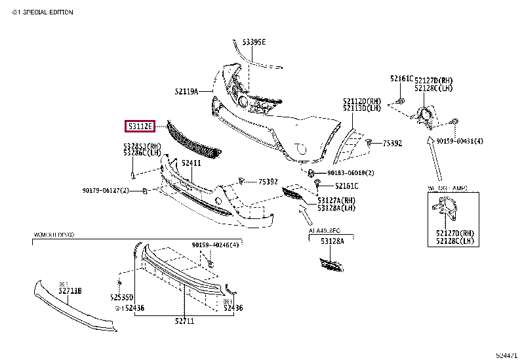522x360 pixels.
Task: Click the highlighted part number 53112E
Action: coord(140,125)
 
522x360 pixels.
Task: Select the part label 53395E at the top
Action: coord(254,42)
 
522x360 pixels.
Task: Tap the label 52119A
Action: coord(186,92)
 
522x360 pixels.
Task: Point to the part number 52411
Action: coord(191,163)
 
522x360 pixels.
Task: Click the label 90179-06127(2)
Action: coord(106,191)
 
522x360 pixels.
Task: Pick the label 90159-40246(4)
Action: coord(215,245)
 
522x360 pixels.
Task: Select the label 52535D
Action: coord(122,296)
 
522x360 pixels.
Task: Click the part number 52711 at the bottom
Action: coord(184,321)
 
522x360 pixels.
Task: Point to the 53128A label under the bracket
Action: coord(332,241)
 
